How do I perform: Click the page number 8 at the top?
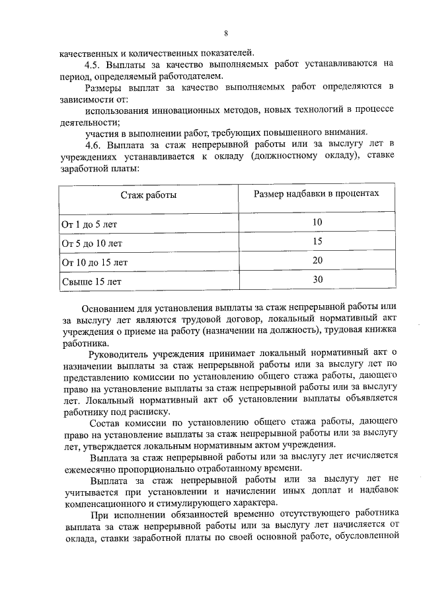pyautogui.click(x=226, y=34)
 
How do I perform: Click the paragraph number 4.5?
pyautogui.click(x=95, y=64)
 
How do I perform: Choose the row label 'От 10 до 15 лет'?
pyautogui.click(x=95, y=262)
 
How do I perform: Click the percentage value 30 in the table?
pyautogui.click(x=317, y=279)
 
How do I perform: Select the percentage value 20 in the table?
pyautogui.click(x=317, y=261)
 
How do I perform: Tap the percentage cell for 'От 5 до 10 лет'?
pyautogui.click(x=317, y=242)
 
